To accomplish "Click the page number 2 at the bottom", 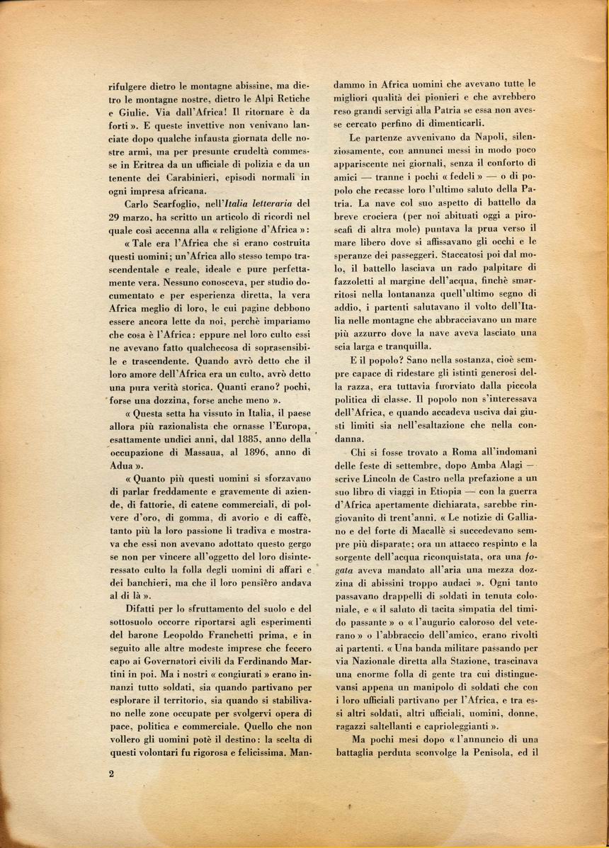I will tap(112, 774).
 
